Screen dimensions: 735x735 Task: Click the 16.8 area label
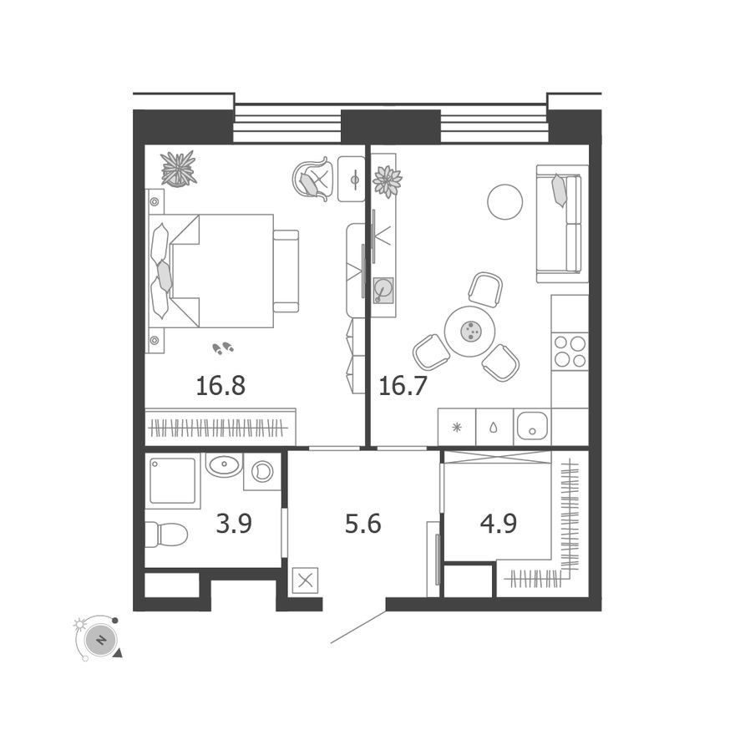pos(220,386)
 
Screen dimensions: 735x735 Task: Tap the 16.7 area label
pos(403,386)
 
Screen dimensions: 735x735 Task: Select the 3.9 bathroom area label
pos(234,524)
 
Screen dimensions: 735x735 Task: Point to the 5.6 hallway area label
pos(362,524)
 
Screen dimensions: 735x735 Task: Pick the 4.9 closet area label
pos(499,524)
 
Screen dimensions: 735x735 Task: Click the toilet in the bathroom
pos(166,535)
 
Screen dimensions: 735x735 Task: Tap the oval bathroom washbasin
pos(224,465)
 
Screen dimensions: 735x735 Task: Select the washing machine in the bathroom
pos(262,472)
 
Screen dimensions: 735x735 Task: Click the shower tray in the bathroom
pos(173,480)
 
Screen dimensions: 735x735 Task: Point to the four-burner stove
pos(570,352)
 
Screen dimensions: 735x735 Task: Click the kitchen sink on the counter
pos(533,426)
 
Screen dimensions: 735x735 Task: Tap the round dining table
pos(469,332)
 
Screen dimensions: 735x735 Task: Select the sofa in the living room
pos(562,224)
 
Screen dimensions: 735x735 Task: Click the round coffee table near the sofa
pos(504,202)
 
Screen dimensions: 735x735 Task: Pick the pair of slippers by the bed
pos(223,347)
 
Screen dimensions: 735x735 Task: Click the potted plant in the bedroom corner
pos(178,169)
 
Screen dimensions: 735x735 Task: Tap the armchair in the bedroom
pos(313,180)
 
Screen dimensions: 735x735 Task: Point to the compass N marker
pos(100,640)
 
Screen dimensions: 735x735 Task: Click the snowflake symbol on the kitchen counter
pos(457,427)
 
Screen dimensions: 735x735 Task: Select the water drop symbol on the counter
pos(494,428)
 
